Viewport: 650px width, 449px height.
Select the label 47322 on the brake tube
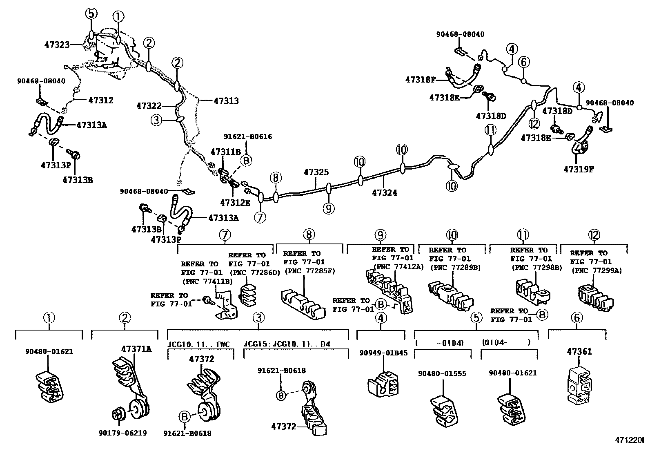[x=149, y=106]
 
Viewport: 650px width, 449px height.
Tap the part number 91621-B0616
[x=247, y=136]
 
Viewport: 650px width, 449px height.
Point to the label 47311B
[x=225, y=152]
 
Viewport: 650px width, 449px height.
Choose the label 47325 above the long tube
[x=316, y=172]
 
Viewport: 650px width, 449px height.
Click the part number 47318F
[x=421, y=79]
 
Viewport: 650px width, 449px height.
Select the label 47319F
[x=579, y=168]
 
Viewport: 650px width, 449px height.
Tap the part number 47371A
[x=136, y=349]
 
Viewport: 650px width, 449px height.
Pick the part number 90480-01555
[x=442, y=373]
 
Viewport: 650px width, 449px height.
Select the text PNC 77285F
[x=303, y=271]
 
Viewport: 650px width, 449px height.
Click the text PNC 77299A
[x=597, y=270]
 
